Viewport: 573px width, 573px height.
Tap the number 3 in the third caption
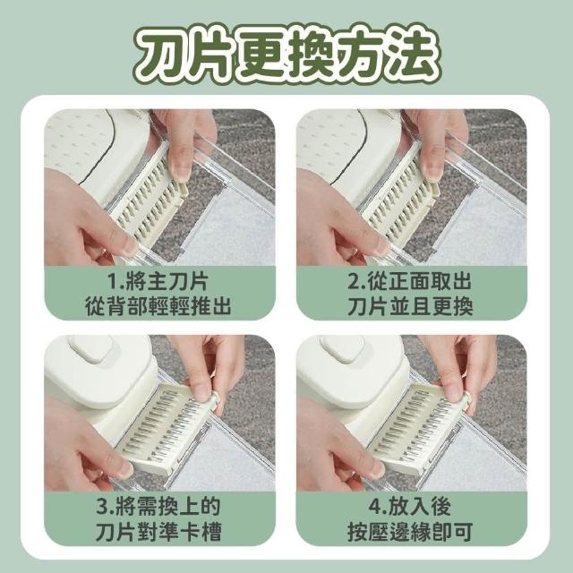[103, 508]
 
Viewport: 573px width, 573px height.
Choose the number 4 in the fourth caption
[376, 508]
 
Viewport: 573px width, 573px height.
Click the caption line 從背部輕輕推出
[158, 306]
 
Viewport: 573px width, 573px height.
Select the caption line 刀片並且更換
[411, 306]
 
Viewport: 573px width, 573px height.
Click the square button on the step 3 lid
[91, 348]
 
